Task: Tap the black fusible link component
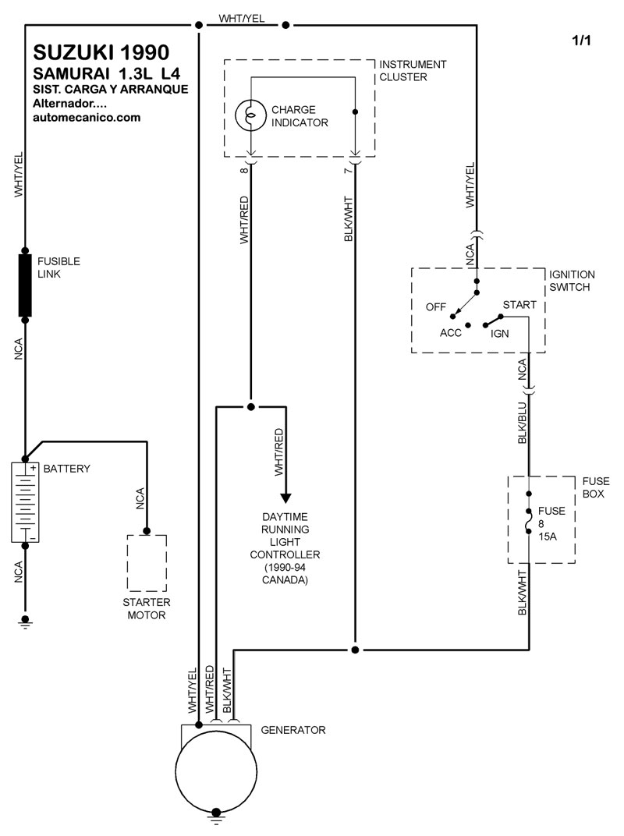tap(25, 284)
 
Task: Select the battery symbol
tap(25, 501)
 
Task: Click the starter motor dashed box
tap(147, 561)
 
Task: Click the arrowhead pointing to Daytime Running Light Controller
tap(285, 498)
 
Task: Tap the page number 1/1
tap(581, 41)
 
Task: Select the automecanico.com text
tap(87, 118)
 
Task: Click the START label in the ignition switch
tap(519, 305)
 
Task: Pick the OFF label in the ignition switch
tap(436, 306)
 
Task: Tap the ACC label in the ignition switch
tap(451, 332)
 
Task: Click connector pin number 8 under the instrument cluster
tap(243, 169)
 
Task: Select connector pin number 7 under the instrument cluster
tap(346, 169)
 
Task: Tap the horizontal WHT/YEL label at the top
tap(242, 18)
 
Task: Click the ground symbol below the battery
tap(25, 622)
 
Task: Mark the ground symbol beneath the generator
tap(216, 820)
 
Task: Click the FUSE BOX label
tap(596, 488)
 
